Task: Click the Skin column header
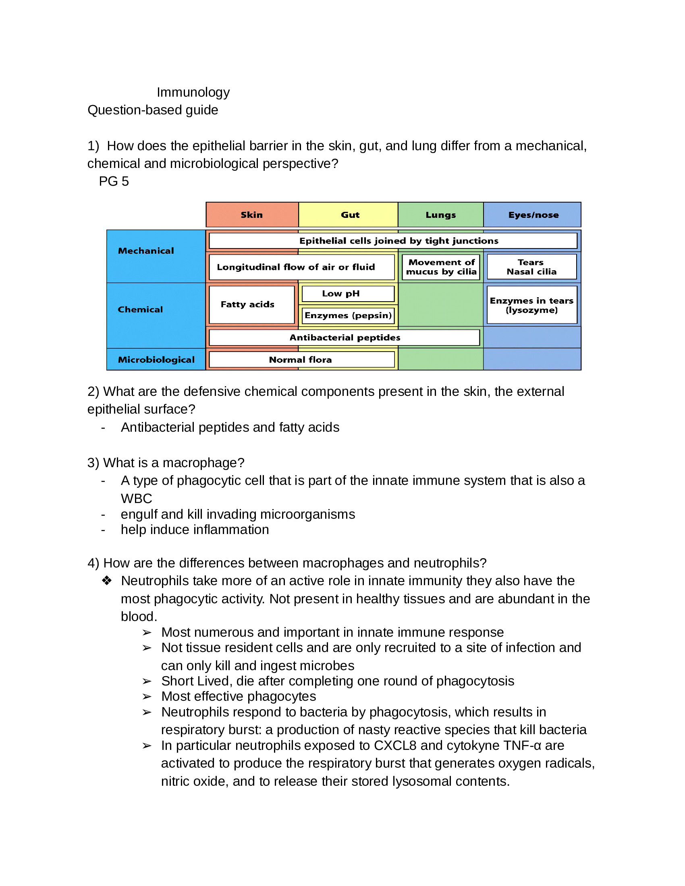[252, 215]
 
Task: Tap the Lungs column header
[440, 215]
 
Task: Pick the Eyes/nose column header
[532, 215]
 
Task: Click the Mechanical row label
[146, 251]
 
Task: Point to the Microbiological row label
[156, 359]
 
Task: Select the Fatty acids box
[251, 304]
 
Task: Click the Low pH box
[348, 294]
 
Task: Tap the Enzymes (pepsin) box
[348, 316]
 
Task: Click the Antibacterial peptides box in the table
[344, 337]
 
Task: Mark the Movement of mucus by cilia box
[441, 267]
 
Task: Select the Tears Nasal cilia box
[531, 267]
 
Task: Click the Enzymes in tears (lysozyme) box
[531, 305]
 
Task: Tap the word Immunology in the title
[193, 92]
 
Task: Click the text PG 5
[114, 181]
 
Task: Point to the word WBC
[136, 498]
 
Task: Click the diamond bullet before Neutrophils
[107, 581]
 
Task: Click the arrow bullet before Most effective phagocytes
[147, 697]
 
